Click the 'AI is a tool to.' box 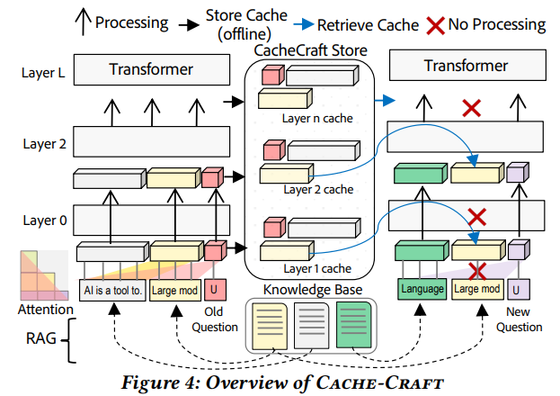112,290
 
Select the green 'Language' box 422,290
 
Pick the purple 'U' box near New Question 517,290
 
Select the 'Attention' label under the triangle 45,310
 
